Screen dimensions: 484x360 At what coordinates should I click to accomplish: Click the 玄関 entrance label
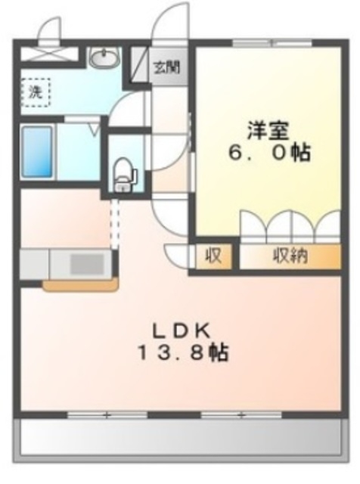pos(167,67)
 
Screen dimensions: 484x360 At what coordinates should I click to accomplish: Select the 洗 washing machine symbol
pos(35,93)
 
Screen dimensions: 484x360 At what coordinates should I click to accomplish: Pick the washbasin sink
pos(102,57)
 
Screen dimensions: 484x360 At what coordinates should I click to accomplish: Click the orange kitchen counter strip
pos(80,286)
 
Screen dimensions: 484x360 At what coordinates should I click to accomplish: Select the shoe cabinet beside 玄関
pos(140,67)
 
